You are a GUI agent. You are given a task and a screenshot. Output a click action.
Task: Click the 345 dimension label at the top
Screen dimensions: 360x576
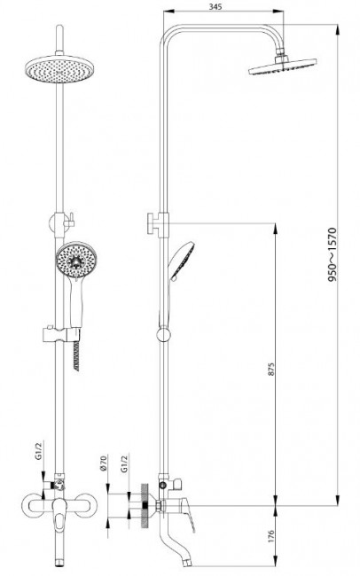(x=215, y=6)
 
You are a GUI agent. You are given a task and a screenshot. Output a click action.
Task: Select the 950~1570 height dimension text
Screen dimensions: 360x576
(x=332, y=254)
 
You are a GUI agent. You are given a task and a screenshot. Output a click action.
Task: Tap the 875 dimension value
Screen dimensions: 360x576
(x=271, y=370)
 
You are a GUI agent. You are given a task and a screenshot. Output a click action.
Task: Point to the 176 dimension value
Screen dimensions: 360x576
(x=271, y=536)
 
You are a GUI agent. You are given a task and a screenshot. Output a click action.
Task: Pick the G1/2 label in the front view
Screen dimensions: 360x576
(x=39, y=451)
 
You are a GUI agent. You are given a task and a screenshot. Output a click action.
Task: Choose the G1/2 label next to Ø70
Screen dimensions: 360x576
(x=124, y=464)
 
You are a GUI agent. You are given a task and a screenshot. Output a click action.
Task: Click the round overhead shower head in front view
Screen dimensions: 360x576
(x=59, y=69)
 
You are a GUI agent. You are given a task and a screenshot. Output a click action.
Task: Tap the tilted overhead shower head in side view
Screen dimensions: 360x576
(x=282, y=66)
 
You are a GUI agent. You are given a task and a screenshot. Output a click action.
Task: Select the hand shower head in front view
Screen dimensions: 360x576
(x=76, y=260)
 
